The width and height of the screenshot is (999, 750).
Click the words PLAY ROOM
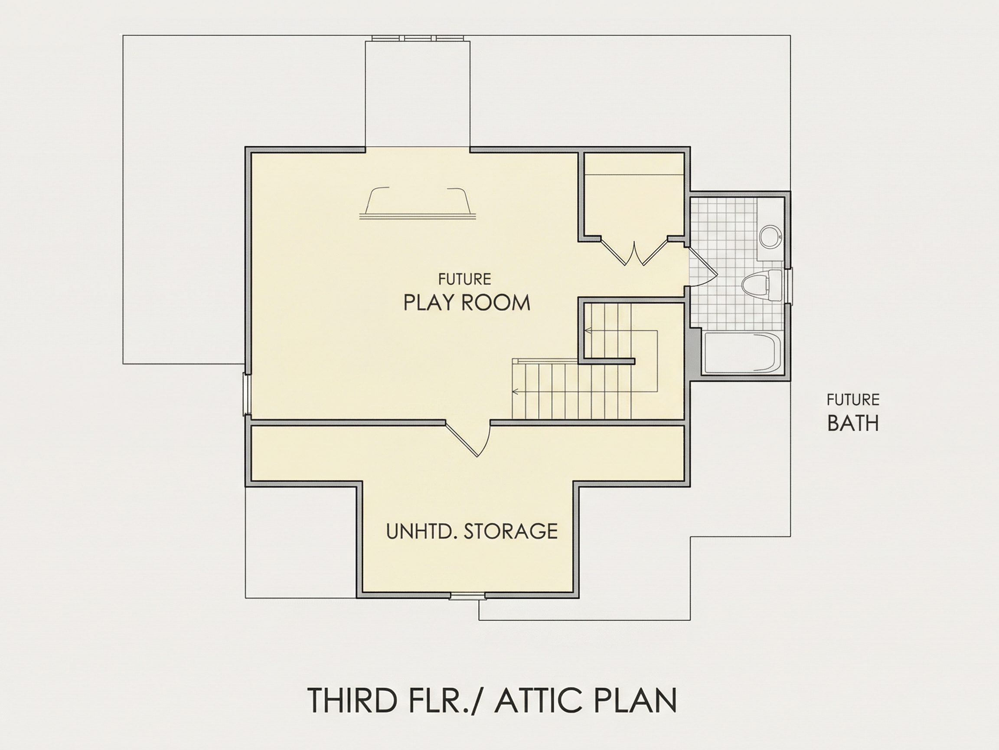click(x=467, y=303)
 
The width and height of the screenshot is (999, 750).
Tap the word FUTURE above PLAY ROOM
click(x=464, y=279)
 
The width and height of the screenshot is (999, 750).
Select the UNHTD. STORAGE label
click(x=472, y=531)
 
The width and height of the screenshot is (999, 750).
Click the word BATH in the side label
click(x=853, y=423)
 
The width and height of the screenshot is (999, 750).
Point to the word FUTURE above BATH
click(x=853, y=400)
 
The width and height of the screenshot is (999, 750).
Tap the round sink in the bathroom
click(x=770, y=237)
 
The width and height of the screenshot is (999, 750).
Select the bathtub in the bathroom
click(x=742, y=352)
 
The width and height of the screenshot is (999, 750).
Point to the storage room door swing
click(x=470, y=438)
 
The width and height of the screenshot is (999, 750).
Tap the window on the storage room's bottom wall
click(x=468, y=596)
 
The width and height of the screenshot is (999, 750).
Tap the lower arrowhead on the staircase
click(x=514, y=391)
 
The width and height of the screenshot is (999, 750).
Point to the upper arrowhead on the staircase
click(x=588, y=330)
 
